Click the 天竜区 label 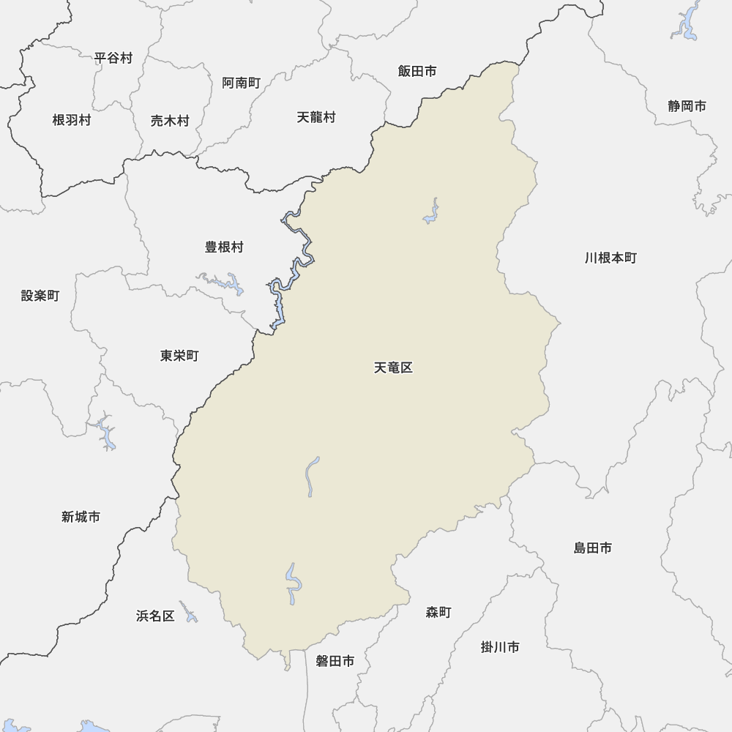pos(394,368)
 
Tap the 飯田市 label pos(417,71)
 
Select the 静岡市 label pos(687,106)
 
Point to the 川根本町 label pos(611,258)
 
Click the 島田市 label pos(593,548)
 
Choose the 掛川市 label pos(501,648)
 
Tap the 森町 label pos(438,613)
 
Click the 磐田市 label pos(335,662)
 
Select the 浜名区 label pos(155,616)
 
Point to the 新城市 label pos(81,518)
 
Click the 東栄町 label pos(179,356)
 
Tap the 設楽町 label pos(40,296)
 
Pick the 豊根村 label pos(224,247)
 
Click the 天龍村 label pos(316,117)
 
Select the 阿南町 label pos(242,83)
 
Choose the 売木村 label pos(170,122)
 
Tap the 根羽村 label pos(72,121)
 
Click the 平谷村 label pos(113,58)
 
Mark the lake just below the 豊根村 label pos(227,282)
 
